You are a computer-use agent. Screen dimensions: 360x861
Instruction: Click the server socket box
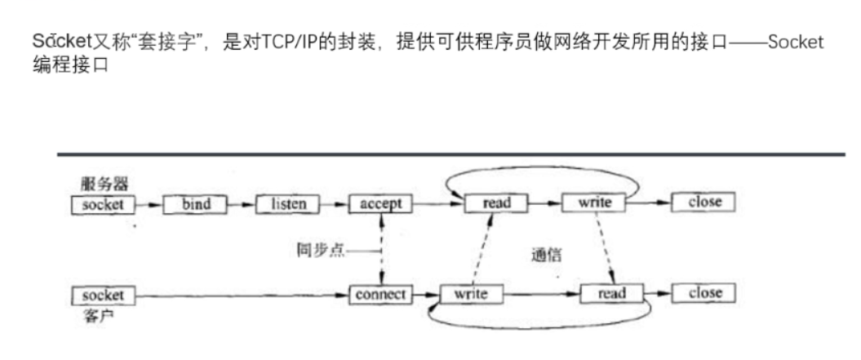point(103,204)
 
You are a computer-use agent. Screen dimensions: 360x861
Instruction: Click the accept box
point(380,204)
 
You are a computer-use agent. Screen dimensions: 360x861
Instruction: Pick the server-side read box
point(496,203)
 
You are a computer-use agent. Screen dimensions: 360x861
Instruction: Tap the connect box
point(380,295)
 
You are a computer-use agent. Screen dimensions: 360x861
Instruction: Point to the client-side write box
point(471,294)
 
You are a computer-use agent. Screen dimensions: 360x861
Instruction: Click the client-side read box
point(611,293)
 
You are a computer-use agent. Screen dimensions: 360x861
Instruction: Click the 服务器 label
point(105,183)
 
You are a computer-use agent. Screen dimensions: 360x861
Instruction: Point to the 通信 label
point(546,255)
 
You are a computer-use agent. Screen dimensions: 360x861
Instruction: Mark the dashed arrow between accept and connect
point(381,249)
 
